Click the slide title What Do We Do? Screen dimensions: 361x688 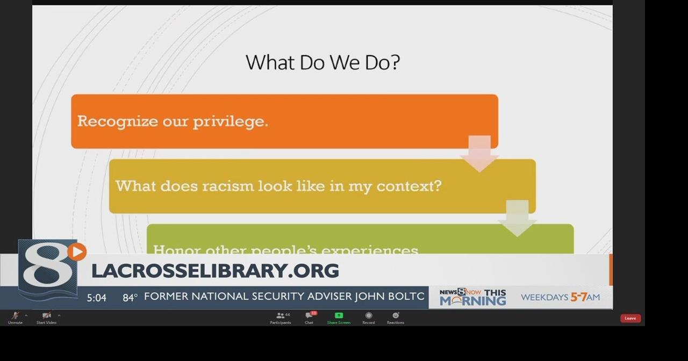point(322,62)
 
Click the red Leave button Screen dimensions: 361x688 point(630,319)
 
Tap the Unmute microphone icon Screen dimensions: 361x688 point(15,316)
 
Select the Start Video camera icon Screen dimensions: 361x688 point(46,316)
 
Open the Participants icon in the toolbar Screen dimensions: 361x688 point(280,316)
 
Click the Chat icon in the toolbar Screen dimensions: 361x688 point(309,316)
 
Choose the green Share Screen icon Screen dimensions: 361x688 point(339,316)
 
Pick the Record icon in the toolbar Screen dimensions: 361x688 point(368,316)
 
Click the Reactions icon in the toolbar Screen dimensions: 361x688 point(396,316)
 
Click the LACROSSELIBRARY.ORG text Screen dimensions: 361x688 point(215,271)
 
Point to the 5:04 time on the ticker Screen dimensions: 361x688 point(97,298)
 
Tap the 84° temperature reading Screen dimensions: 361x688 point(130,298)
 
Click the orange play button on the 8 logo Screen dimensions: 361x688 point(77,251)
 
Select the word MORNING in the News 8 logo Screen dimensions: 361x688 point(472,301)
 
